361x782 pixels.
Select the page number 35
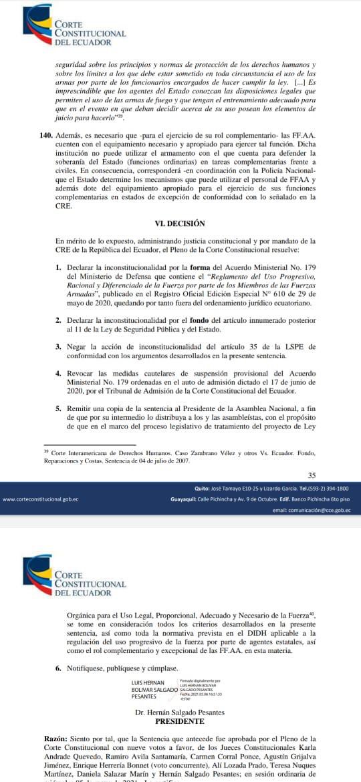[x=312, y=475]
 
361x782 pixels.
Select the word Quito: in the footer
[x=202, y=489]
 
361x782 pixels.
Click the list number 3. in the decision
[x=59, y=346]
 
